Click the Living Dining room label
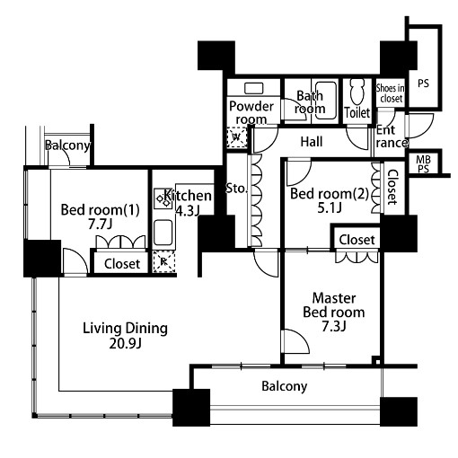pyautogui.click(x=125, y=329)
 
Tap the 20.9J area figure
pyautogui.click(x=125, y=343)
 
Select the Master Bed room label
pyautogui.click(x=334, y=305)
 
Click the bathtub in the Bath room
pyautogui.click(x=326, y=101)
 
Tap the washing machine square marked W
pyautogui.click(x=237, y=137)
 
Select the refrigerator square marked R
pyautogui.click(x=163, y=262)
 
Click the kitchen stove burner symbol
pyautogui.click(x=163, y=198)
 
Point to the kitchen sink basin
pyautogui.click(x=163, y=233)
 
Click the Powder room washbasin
pyautogui.click(x=254, y=88)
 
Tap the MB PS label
pyautogui.click(x=423, y=164)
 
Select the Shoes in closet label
pyautogui.click(x=391, y=93)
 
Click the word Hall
pyautogui.click(x=312, y=142)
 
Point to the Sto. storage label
pyautogui.click(x=236, y=189)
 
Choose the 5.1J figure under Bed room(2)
pyautogui.click(x=330, y=207)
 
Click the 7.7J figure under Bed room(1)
pyautogui.click(x=100, y=224)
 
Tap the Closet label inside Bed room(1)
pyautogui.click(x=122, y=264)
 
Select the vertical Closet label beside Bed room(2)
pyautogui.click(x=392, y=188)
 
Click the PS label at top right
pyautogui.click(x=423, y=84)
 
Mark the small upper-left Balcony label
pyautogui.click(x=67, y=145)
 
